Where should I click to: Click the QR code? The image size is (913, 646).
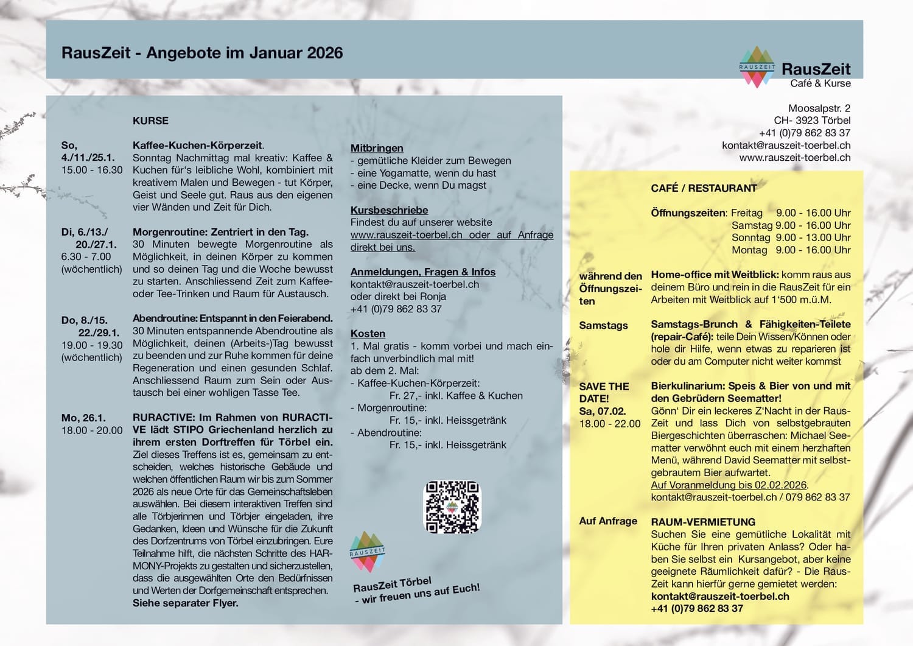click(x=452, y=507)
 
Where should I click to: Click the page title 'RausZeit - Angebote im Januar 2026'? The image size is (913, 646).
click(x=202, y=53)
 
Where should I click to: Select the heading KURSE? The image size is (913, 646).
click(x=150, y=121)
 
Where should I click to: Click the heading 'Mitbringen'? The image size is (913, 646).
click(x=377, y=148)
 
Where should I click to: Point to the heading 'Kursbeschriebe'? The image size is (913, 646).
click(x=389, y=210)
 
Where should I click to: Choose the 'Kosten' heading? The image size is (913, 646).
click(x=368, y=334)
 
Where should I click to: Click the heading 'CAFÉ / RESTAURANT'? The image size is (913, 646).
click(x=704, y=188)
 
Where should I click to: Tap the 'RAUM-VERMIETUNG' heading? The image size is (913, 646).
click(x=703, y=522)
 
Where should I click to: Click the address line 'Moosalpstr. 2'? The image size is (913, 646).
click(x=819, y=108)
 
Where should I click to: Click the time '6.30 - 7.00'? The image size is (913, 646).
click(x=86, y=256)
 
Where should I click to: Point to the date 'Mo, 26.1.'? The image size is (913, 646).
click(x=83, y=418)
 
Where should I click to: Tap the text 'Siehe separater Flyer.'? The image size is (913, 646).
click(x=185, y=603)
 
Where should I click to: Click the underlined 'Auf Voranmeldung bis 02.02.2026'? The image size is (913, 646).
click(x=729, y=485)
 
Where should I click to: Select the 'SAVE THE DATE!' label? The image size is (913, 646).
click(x=604, y=393)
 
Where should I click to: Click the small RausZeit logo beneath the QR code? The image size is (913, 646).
click(x=367, y=552)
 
